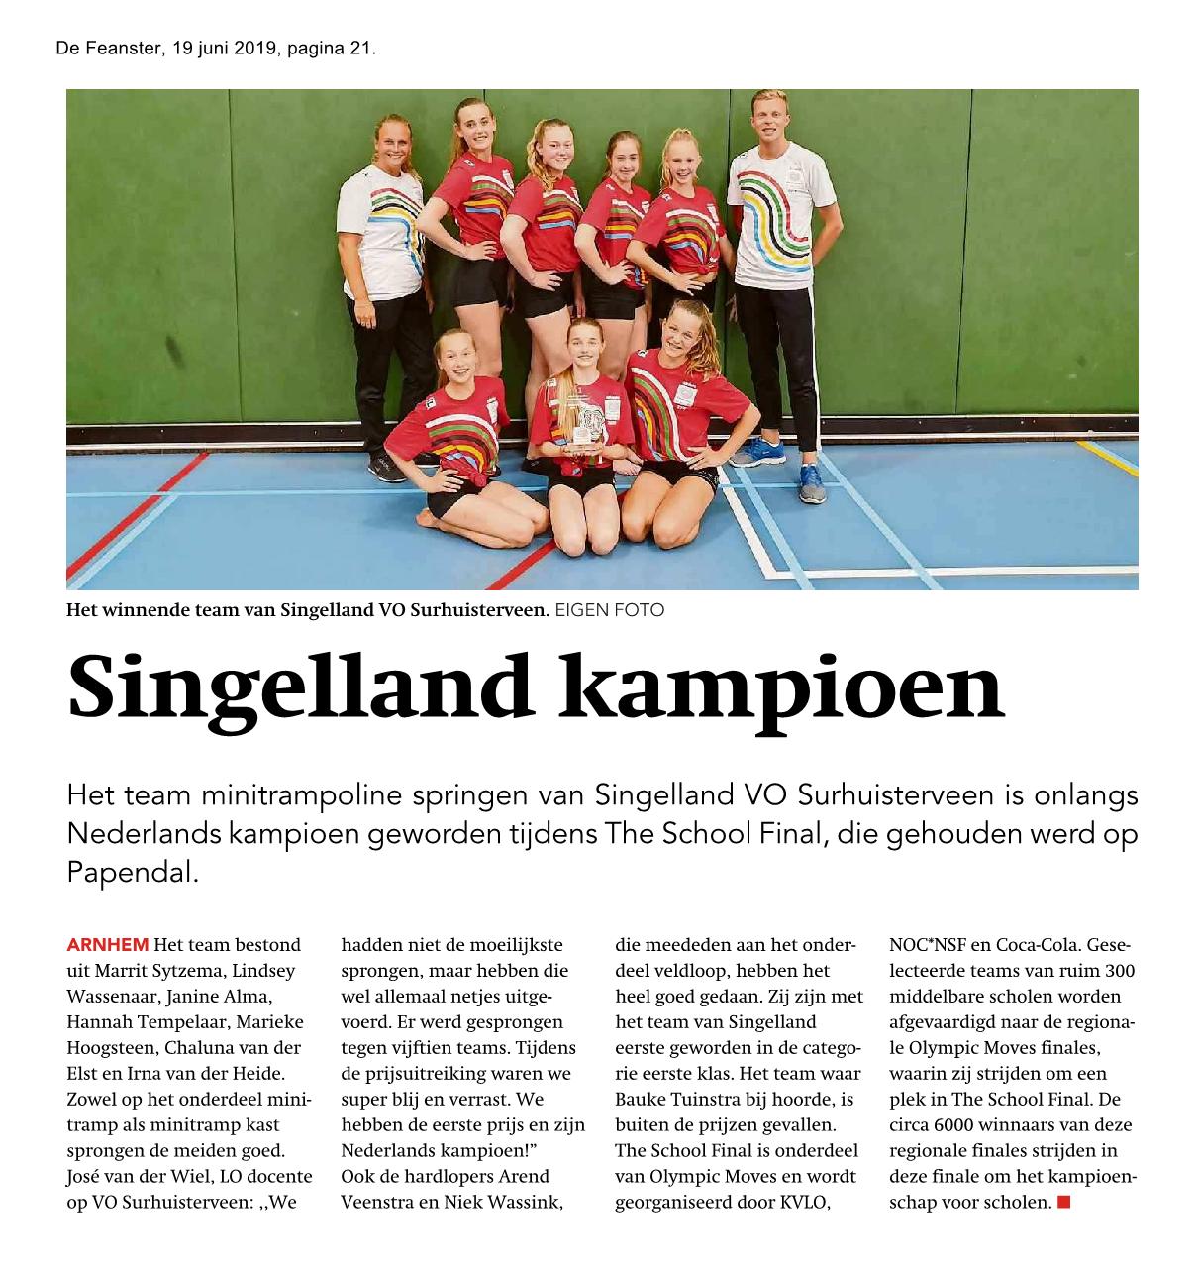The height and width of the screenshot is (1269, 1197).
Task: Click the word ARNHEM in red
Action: point(108,945)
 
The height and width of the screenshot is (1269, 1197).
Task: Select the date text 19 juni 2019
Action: point(225,48)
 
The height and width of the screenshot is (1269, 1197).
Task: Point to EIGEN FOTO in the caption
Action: point(609,610)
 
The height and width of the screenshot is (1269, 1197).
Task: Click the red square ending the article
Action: point(1064,1203)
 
